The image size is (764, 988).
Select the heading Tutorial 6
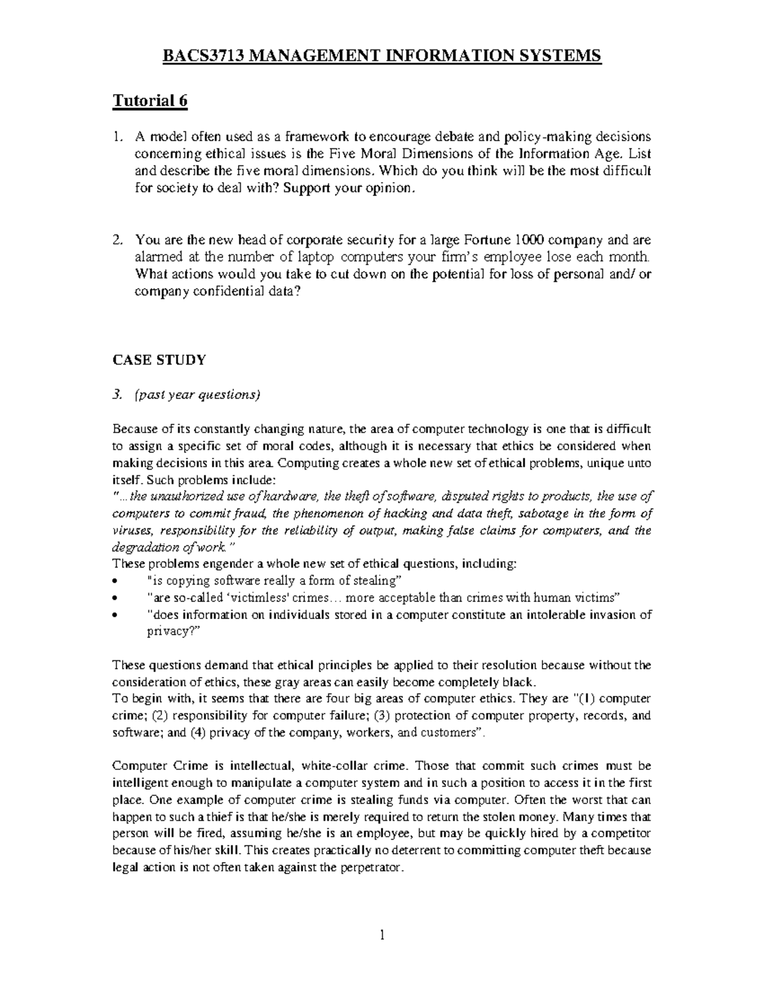(x=150, y=101)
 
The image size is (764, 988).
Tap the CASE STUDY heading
(x=159, y=360)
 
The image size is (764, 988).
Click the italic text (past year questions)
(x=197, y=394)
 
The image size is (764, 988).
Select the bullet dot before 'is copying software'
(x=115, y=581)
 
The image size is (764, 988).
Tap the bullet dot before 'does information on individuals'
(x=115, y=615)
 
